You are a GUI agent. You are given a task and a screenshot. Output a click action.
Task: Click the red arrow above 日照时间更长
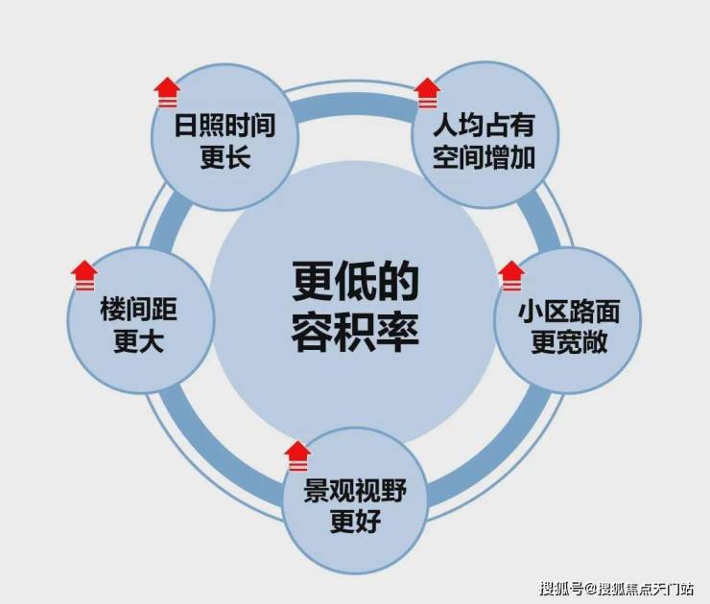[x=167, y=93]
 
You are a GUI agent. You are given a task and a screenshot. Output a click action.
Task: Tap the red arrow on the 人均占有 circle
[x=427, y=94]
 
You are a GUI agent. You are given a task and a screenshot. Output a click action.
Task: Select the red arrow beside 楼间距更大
[x=84, y=275]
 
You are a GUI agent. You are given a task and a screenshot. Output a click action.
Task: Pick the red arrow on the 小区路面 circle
[x=511, y=276]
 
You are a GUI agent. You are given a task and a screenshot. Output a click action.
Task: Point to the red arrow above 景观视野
[x=298, y=456]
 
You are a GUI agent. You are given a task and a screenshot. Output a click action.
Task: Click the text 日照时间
[x=225, y=126]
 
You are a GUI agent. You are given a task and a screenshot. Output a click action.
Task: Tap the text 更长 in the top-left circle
[x=225, y=157]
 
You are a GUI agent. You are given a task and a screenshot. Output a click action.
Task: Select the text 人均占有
[x=485, y=125]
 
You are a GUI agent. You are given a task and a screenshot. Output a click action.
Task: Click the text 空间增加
[x=485, y=157]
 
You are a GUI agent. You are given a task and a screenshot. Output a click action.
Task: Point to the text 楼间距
[x=138, y=309]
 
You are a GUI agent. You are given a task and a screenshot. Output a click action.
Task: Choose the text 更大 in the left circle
[x=138, y=341]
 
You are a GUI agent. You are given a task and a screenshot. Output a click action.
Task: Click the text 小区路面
[x=569, y=312]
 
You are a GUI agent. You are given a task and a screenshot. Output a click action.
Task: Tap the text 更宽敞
[x=569, y=342]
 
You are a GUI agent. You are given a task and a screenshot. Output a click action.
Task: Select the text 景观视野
[x=355, y=491]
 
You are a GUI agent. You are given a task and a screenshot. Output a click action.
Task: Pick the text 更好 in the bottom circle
[x=355, y=522]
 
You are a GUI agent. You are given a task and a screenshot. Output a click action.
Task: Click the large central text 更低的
[x=355, y=281]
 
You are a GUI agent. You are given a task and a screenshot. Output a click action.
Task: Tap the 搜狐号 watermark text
[x=561, y=589]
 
